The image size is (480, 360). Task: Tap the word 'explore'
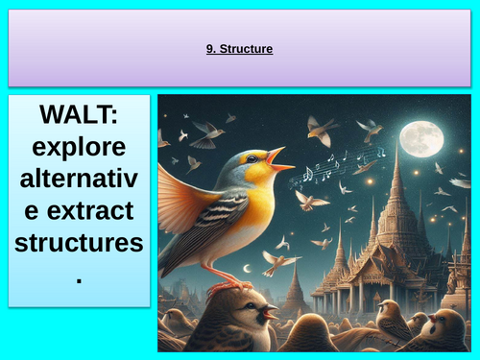(x=80, y=150)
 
